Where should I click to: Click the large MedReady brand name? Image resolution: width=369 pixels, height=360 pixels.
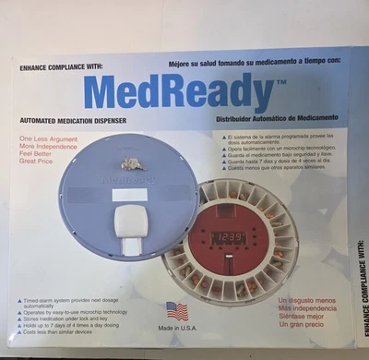179,93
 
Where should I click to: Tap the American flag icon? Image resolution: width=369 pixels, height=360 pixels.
176,311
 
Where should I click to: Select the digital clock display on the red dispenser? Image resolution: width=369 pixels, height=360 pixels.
228,237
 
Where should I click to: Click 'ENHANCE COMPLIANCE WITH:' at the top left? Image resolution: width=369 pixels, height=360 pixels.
62,67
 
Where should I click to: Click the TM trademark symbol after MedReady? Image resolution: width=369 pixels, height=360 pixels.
281,81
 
